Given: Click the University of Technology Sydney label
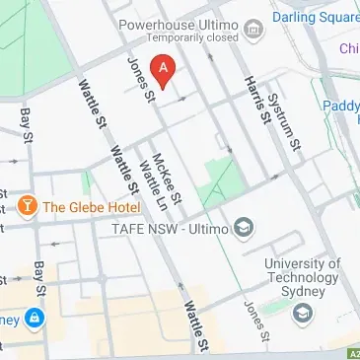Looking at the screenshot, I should click(303, 280).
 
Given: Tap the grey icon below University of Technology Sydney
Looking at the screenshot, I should click(302, 313).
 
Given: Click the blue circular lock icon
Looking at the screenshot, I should click(35, 319).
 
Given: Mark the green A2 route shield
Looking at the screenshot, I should click(353, 352).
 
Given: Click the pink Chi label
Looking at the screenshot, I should click(348, 48).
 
